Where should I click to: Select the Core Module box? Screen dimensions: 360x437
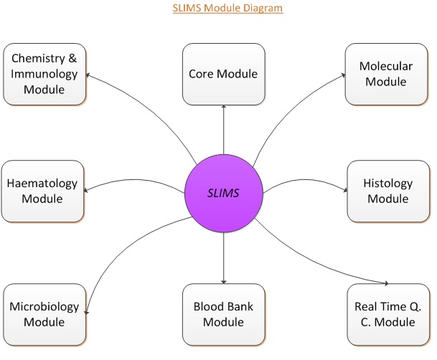tap(224, 74)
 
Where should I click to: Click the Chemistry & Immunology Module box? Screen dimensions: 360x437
tap(44, 73)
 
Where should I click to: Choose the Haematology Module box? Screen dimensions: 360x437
tap(42, 191)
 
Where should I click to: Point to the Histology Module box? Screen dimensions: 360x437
tap(389, 191)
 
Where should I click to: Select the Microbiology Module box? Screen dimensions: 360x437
tap(44, 314)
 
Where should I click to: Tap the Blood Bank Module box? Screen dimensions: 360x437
tap(224, 314)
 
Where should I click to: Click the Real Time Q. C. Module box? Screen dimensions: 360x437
tap(389, 314)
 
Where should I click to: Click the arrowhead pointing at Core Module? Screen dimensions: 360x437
tap(224, 107)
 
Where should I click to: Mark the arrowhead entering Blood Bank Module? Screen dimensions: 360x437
tap(224, 281)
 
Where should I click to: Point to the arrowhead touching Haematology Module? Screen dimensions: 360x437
tap(87, 190)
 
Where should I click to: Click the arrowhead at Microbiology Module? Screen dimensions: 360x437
tap(88, 313)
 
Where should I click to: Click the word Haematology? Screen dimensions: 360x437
tap(42, 184)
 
